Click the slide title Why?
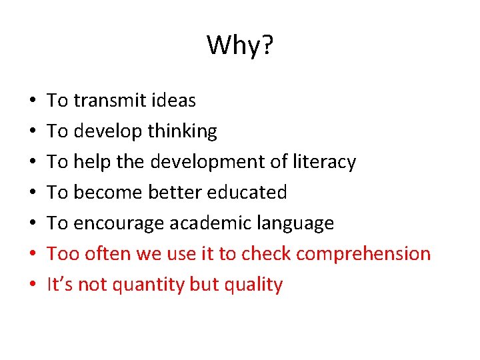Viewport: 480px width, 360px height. (240, 46)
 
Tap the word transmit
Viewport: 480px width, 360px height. (110, 101)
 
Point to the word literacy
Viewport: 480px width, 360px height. (324, 162)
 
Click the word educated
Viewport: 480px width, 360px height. (247, 193)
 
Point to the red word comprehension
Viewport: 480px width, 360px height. (363, 254)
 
